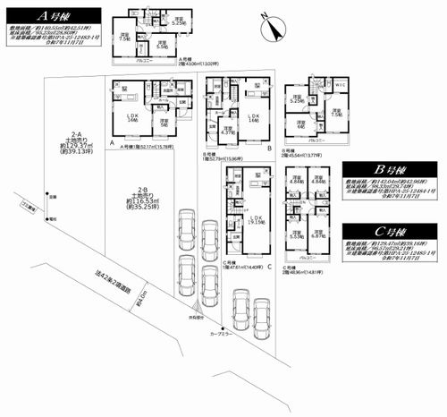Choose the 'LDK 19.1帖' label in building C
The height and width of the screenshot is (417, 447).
[256, 220]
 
